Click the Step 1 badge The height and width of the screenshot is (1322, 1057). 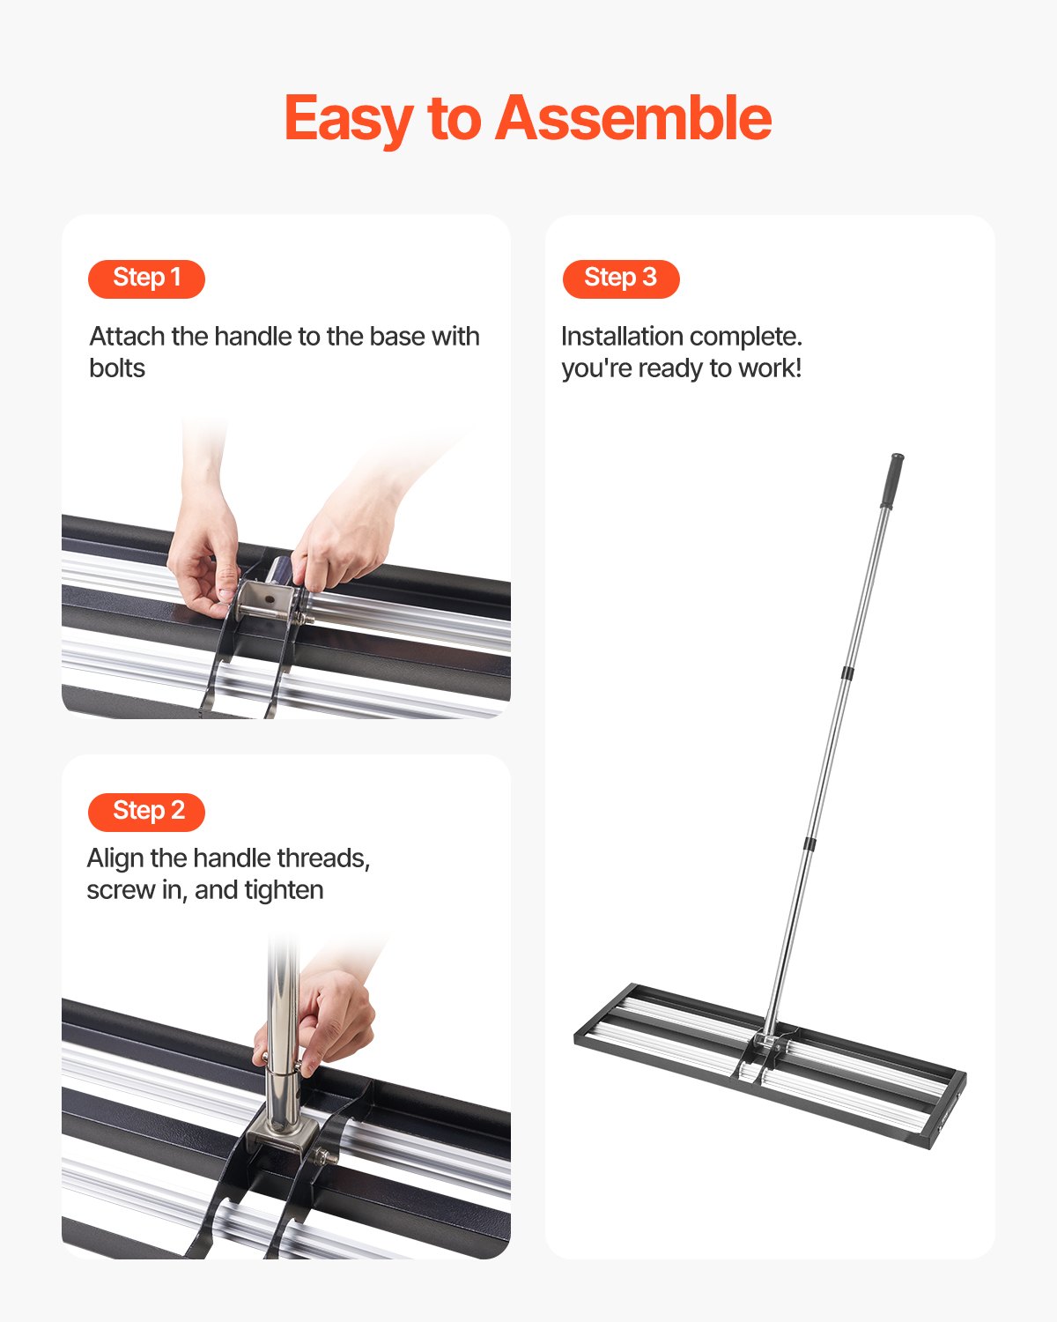tap(146, 279)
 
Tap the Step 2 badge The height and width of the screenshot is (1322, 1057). tap(146, 811)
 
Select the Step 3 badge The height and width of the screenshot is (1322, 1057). tap(621, 279)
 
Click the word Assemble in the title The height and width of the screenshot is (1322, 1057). tap(633, 119)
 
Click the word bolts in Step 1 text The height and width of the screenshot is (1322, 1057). tap(117, 368)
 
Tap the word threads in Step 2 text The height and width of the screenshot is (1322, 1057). tap(323, 858)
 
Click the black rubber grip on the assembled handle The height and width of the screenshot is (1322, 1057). tap(892, 480)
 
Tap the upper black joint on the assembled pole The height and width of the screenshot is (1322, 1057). tap(847, 673)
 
